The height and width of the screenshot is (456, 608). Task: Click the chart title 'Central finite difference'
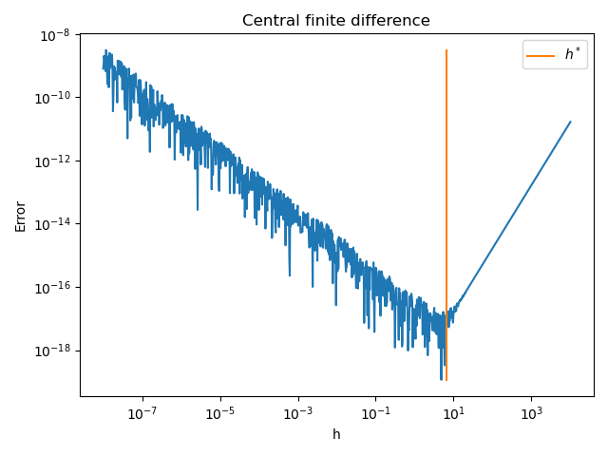336,21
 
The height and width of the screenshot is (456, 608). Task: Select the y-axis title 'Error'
21,216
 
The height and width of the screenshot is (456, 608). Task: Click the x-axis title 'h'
336,434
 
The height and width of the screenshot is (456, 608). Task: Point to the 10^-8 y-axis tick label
54,35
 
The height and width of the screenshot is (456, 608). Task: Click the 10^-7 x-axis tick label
142,413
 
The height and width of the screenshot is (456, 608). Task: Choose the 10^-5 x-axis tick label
220,413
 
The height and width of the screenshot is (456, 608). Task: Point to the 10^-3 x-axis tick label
298,413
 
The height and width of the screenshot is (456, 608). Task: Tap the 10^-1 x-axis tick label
375,413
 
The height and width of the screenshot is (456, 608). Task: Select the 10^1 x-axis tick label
453,413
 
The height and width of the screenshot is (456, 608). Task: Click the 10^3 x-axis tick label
531,413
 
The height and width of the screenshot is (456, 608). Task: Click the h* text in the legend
572,55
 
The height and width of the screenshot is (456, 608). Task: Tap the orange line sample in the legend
541,55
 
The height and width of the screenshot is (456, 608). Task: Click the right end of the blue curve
570,122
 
